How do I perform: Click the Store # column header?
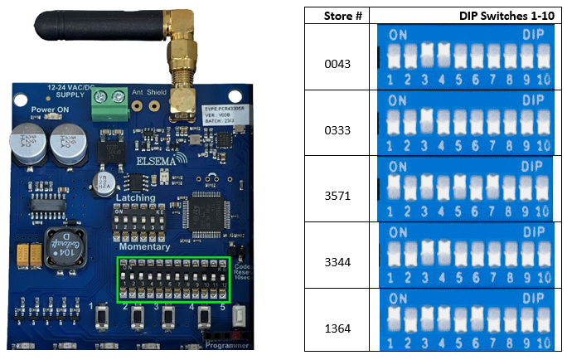[336, 15]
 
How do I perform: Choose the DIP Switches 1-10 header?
[507, 15]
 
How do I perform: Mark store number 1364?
[336, 328]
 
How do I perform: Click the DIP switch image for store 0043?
[464, 56]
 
